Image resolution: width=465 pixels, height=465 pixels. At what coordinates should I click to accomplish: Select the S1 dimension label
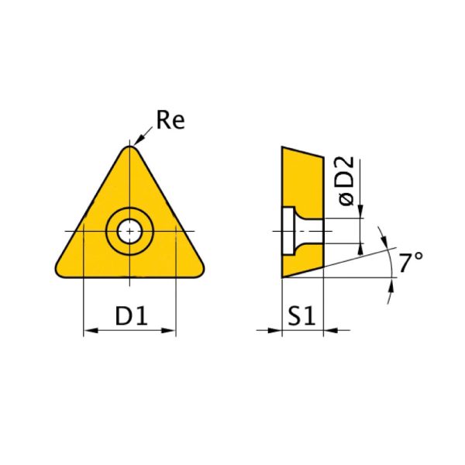click(302, 315)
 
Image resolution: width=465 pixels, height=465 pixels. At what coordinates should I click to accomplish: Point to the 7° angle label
click(411, 263)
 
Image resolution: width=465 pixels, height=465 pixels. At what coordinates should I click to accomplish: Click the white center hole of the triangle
click(129, 230)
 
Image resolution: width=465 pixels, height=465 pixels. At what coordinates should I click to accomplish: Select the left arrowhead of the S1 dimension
click(275, 331)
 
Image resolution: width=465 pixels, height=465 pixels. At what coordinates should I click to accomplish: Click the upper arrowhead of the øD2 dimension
click(361, 214)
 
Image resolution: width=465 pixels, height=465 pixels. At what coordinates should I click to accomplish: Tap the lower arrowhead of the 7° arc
click(390, 288)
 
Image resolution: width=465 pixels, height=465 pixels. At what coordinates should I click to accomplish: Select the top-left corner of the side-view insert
click(283, 147)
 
